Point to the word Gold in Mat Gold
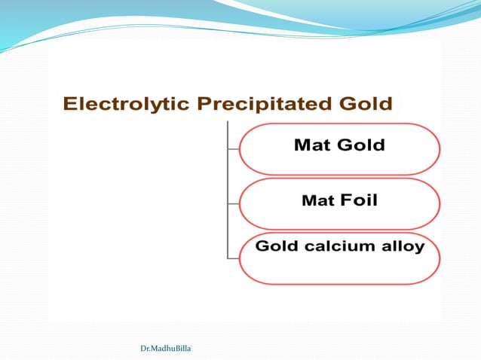tap(360, 145)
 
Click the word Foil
tap(359, 200)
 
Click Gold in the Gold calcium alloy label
tap(278, 246)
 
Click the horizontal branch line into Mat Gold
tap(233, 148)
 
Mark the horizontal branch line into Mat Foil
tap(233, 203)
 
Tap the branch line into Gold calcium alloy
tap(233, 258)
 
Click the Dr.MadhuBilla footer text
tap(165, 349)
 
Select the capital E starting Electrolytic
tap(69, 104)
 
